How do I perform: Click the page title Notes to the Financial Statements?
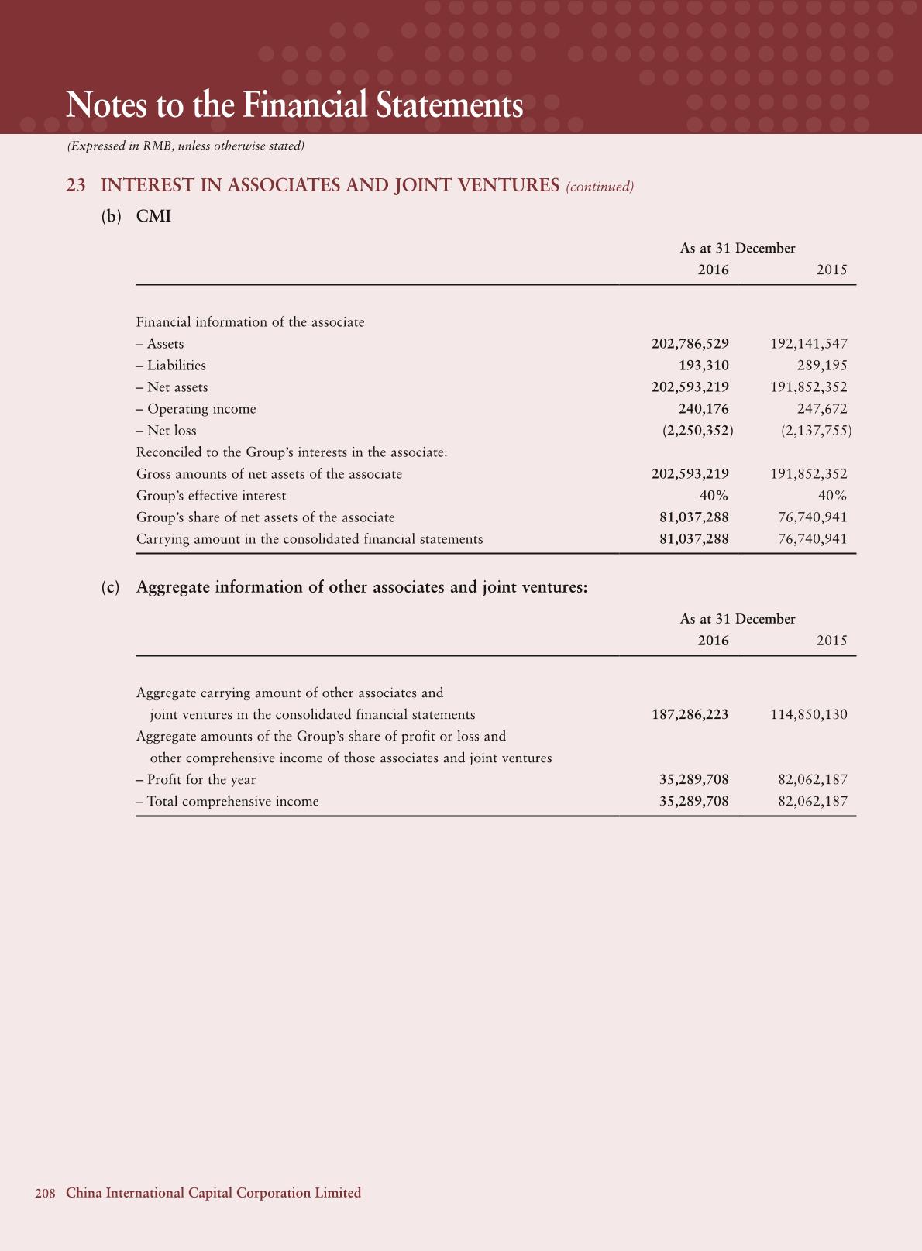pyautogui.click(x=294, y=105)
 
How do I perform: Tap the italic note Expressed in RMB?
pyautogui.click(x=186, y=146)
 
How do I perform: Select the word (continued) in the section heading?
pyautogui.click(x=600, y=187)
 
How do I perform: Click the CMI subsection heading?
pyautogui.click(x=153, y=216)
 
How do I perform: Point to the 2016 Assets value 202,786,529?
pyautogui.click(x=690, y=344)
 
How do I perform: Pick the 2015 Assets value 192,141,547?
pyautogui.click(x=808, y=344)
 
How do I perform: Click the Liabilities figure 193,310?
pyautogui.click(x=704, y=366)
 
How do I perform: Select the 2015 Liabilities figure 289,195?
pyautogui.click(x=822, y=366)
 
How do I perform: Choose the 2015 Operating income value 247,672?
pyautogui.click(x=822, y=409)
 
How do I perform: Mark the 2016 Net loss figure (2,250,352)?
pyautogui.click(x=697, y=431)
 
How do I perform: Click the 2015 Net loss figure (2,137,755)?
pyautogui.click(x=816, y=431)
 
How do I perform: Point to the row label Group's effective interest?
pyautogui.click(x=211, y=496)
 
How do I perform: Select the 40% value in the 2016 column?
pyautogui.click(x=714, y=496)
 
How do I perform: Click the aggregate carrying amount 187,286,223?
pyautogui.click(x=690, y=715)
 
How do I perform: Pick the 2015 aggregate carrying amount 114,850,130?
pyautogui.click(x=808, y=715)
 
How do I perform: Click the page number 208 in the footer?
pyautogui.click(x=45, y=1193)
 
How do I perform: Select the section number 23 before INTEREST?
pyautogui.click(x=76, y=186)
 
